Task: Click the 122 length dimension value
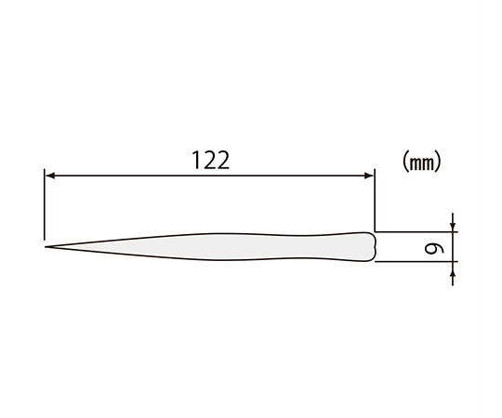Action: (x=211, y=160)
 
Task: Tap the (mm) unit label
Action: (x=421, y=162)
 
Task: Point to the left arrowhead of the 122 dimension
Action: (x=50, y=176)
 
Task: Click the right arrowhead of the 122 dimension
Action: (x=369, y=176)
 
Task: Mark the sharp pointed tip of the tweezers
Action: (x=46, y=247)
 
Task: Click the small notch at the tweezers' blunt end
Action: (x=374, y=247)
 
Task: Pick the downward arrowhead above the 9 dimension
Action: (x=453, y=227)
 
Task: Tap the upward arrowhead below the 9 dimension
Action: (x=453, y=267)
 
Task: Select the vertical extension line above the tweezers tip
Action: (x=45, y=204)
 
